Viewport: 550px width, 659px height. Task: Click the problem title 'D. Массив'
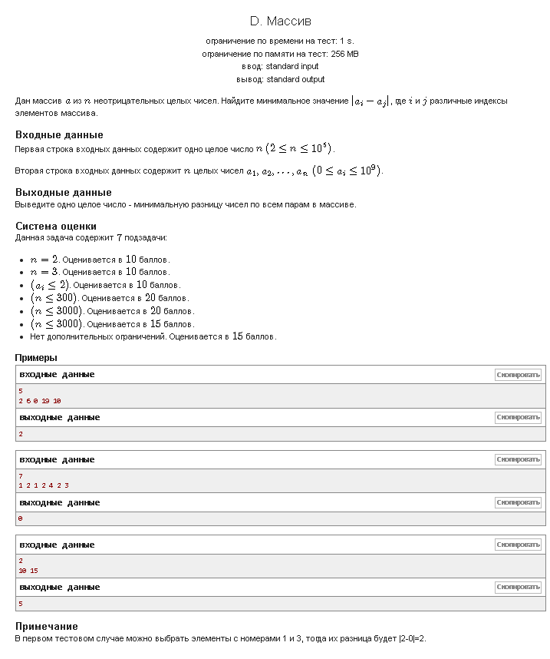click(x=280, y=21)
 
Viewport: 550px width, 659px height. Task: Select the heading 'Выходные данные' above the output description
click(x=64, y=192)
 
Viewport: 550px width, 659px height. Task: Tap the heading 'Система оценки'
click(x=56, y=226)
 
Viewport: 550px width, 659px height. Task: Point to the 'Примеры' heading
click(x=36, y=357)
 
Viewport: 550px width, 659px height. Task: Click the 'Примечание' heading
click(x=47, y=626)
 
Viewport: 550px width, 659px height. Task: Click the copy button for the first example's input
click(x=518, y=375)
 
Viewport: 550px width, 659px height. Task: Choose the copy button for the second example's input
click(x=518, y=459)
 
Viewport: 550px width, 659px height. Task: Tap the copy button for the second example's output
click(x=518, y=502)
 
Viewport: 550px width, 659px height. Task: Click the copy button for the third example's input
click(x=518, y=545)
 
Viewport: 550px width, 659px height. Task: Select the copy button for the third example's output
click(x=518, y=588)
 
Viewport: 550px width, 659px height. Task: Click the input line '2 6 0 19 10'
click(x=40, y=401)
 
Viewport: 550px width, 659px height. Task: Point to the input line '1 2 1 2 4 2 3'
click(x=44, y=485)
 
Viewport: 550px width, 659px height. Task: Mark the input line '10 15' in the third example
click(x=28, y=571)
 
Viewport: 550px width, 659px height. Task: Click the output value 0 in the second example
click(x=21, y=518)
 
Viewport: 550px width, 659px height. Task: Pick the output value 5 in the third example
click(x=21, y=604)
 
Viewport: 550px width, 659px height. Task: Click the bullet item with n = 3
click(x=100, y=272)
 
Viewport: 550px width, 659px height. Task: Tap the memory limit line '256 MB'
click(x=280, y=54)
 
